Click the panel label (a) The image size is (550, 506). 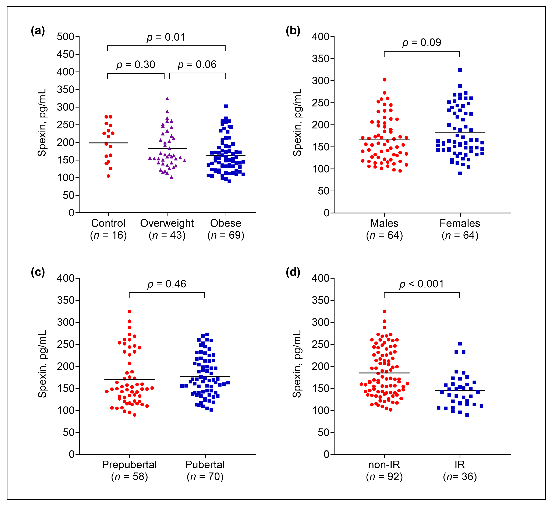pyautogui.click(x=38, y=31)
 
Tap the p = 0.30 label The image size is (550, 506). pyautogui.click(x=136, y=65)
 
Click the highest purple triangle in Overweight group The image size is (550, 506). pyautogui.click(x=167, y=99)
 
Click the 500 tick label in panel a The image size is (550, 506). pyautogui.click(x=66, y=37)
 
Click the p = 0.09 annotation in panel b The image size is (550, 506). pyautogui.click(x=422, y=42)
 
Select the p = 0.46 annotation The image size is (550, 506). pyautogui.click(x=167, y=284)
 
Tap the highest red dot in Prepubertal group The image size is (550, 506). pyautogui.click(x=129, y=312)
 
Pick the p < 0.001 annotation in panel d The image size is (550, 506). pyautogui.click(x=421, y=284)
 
